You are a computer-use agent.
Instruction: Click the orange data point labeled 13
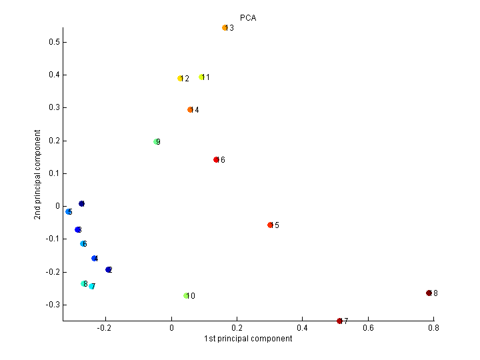coord(225,28)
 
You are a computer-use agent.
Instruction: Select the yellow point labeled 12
coord(180,79)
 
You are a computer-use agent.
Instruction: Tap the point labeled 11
coord(201,77)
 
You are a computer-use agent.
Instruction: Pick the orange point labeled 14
coord(190,110)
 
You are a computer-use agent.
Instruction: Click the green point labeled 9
coord(156,142)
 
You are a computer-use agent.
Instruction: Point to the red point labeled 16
coord(216,160)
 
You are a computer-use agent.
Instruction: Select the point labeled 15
coord(270,225)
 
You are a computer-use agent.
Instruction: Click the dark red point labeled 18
coord(429,293)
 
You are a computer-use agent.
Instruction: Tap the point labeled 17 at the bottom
coord(339,321)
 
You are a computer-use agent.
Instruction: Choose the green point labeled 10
coord(186,296)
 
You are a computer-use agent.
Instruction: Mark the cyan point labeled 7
coord(91,287)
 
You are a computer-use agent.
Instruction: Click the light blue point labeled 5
coord(69,212)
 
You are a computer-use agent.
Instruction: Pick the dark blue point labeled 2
coord(108,270)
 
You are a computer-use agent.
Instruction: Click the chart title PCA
coord(248,18)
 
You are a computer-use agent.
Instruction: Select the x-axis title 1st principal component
coord(248,339)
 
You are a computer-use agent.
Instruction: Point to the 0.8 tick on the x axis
coord(433,328)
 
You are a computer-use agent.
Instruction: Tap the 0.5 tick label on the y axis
coord(54,42)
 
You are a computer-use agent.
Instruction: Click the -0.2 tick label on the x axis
coord(104,328)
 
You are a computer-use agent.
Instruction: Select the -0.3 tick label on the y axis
coord(53,305)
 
